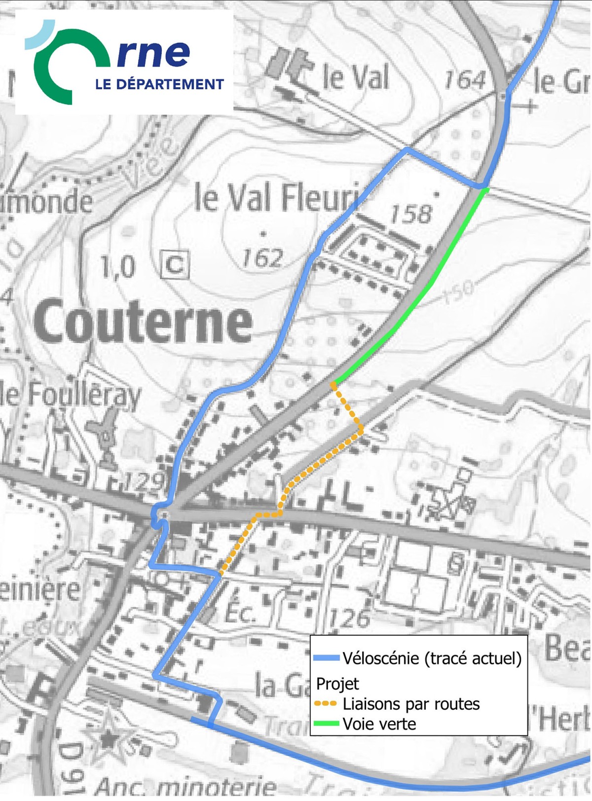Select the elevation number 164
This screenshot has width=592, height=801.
tap(465, 80)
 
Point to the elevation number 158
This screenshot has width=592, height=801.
tap(410, 214)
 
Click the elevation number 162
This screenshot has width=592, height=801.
tap(262, 258)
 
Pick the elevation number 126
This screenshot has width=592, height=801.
tap(349, 618)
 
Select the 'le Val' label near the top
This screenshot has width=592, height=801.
tap(355, 77)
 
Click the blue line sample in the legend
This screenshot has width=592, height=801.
tap(326, 657)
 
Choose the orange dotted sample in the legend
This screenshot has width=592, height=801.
tap(326, 704)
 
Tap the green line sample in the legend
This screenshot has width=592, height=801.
tap(326, 724)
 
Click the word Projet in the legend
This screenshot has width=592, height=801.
tap(337, 684)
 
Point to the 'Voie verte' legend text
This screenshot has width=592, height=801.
tap(379, 724)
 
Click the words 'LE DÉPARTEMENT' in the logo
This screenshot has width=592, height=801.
tap(159, 84)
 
